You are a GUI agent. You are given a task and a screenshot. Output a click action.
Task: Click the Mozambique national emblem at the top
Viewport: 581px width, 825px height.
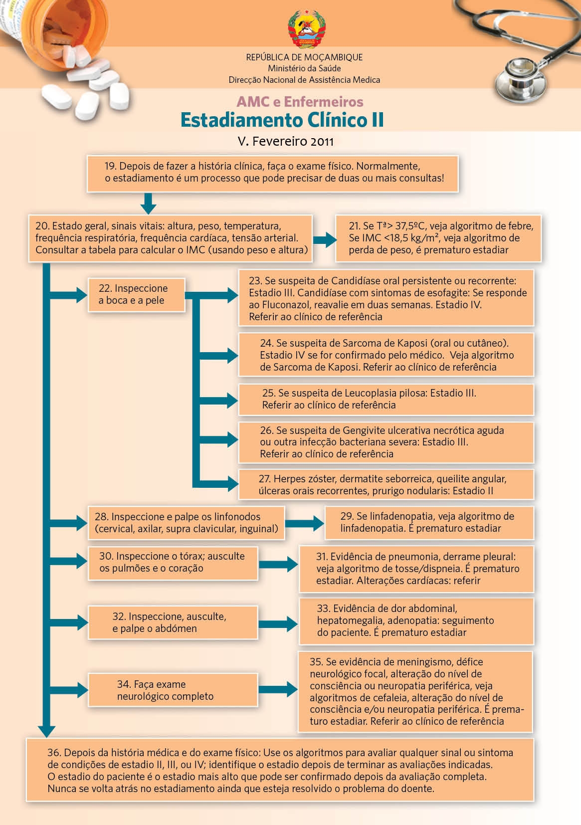(x=306, y=28)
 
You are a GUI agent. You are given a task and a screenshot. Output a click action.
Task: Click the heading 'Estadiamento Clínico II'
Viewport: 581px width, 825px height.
(x=282, y=120)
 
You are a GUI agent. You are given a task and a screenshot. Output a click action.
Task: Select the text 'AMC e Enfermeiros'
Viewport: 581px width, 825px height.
(x=300, y=102)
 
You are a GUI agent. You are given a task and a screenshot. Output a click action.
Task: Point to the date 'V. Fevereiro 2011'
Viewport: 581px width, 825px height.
(x=286, y=141)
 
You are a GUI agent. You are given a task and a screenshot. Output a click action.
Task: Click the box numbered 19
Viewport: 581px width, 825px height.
(x=272, y=173)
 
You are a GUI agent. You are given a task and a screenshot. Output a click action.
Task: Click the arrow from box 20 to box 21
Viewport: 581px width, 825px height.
(x=325, y=240)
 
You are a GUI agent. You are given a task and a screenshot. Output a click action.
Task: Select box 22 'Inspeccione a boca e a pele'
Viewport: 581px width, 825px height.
(x=136, y=295)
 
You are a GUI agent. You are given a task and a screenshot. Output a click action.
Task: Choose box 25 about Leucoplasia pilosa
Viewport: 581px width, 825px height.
(x=386, y=399)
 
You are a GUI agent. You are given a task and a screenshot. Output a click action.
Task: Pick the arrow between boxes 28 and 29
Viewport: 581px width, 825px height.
(x=304, y=523)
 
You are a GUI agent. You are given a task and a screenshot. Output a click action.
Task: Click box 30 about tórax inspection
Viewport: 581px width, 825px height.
(x=173, y=563)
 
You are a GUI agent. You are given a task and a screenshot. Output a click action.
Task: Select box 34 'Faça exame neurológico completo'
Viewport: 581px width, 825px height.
(x=173, y=690)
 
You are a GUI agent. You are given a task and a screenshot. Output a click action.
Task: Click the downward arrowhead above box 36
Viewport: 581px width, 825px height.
(x=46, y=731)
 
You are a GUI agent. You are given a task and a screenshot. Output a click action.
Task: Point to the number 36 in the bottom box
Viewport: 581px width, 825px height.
(x=54, y=753)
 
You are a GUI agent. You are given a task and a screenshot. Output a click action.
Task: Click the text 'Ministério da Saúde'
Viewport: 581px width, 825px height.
(x=304, y=68)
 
